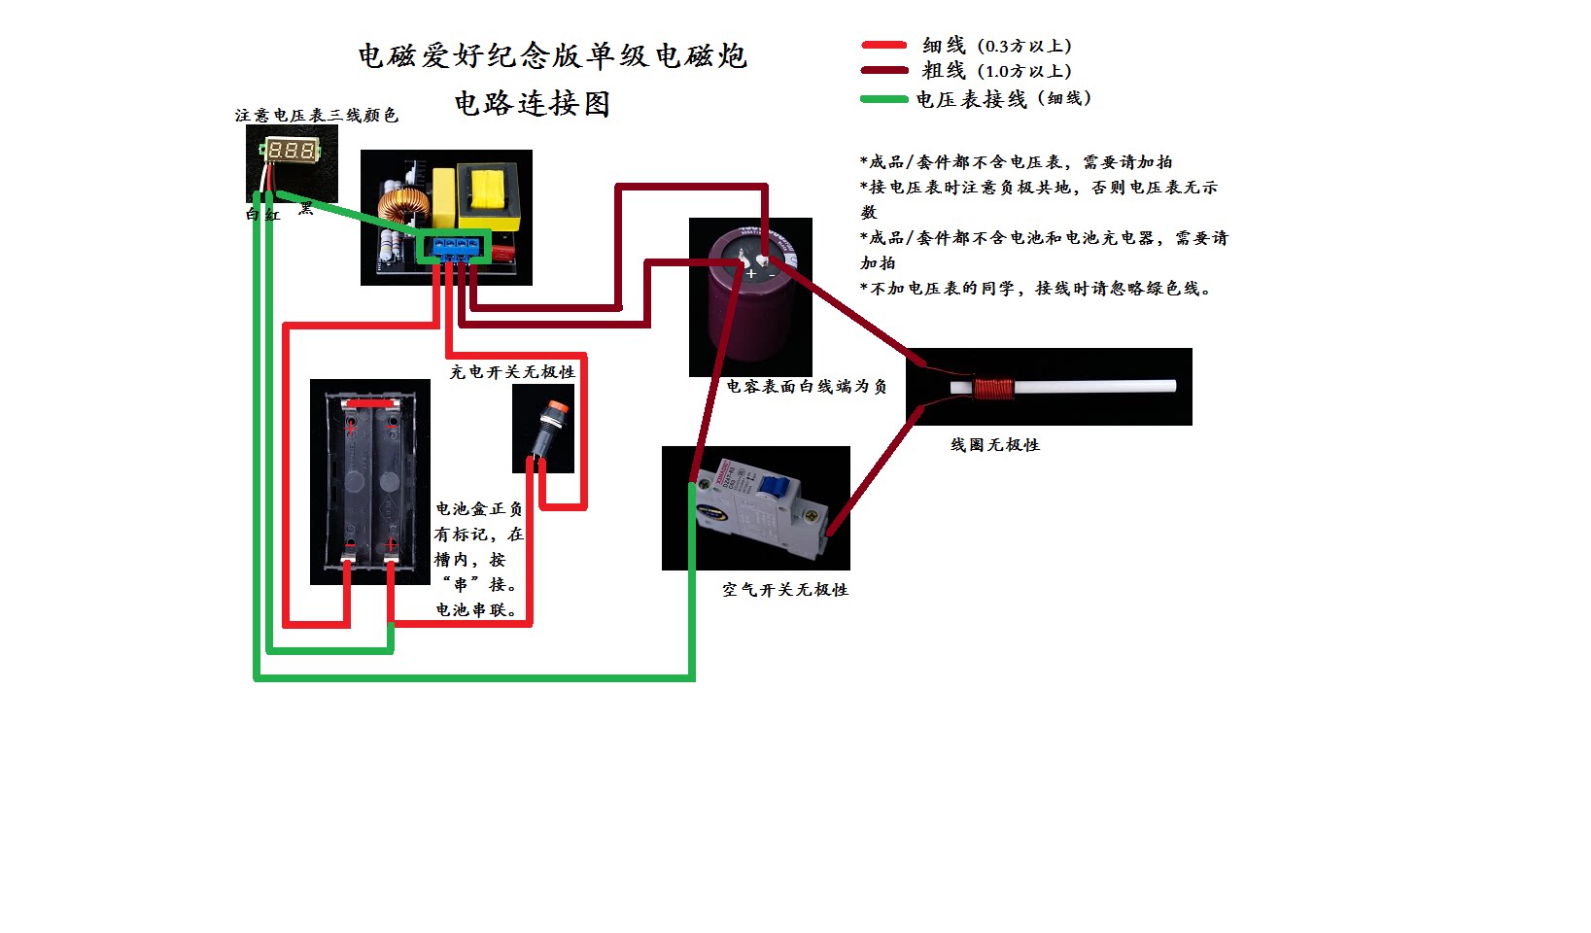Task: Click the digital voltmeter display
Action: point(290,151)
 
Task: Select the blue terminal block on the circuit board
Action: point(456,247)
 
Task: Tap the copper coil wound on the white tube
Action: point(994,388)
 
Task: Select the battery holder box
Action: point(369,481)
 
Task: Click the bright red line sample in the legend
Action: point(884,45)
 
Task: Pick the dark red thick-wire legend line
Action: point(884,70)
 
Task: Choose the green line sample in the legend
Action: point(884,98)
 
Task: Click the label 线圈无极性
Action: point(994,444)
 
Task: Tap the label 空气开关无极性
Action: point(784,589)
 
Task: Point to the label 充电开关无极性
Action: point(511,371)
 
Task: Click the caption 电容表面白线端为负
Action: point(806,386)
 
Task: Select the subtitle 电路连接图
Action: point(532,103)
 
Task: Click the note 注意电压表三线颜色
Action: point(316,115)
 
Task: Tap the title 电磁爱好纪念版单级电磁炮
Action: point(551,55)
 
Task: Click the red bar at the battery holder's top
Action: point(371,402)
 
